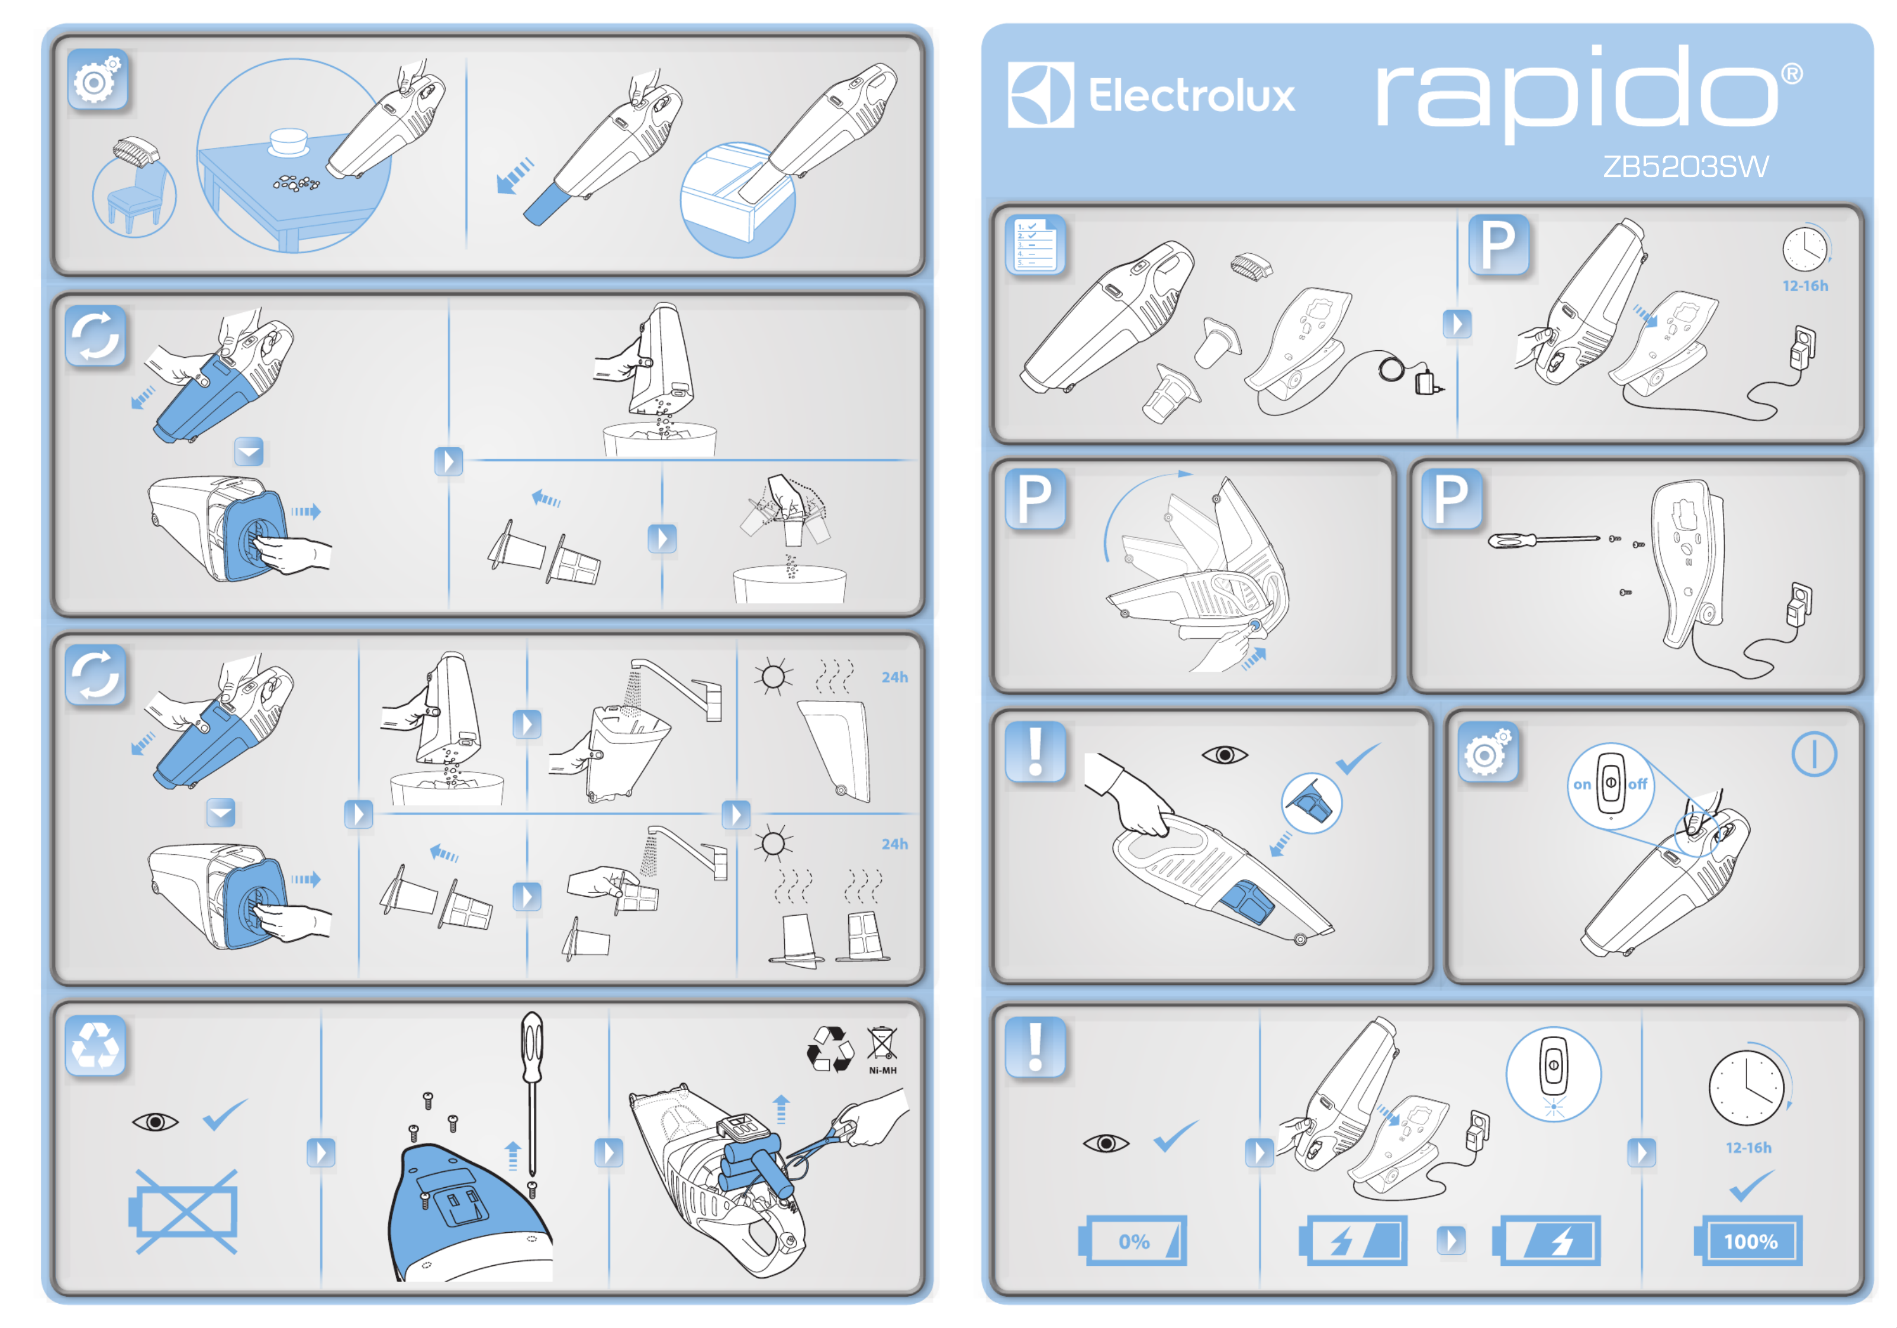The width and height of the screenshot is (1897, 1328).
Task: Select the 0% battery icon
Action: (x=1133, y=1240)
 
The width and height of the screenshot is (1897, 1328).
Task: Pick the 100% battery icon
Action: (x=1749, y=1240)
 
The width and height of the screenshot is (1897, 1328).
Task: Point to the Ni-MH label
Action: (x=883, y=1070)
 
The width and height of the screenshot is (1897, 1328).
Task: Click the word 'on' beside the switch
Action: (x=1582, y=784)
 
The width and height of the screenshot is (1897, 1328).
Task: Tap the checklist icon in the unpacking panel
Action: (x=1035, y=244)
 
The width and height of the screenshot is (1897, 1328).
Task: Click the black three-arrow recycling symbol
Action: (x=829, y=1048)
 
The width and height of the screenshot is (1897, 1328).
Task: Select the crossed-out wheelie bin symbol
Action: (x=881, y=1042)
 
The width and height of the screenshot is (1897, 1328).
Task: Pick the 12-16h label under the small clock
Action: (x=1805, y=286)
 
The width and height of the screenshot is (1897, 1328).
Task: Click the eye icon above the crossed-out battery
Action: (x=154, y=1122)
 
